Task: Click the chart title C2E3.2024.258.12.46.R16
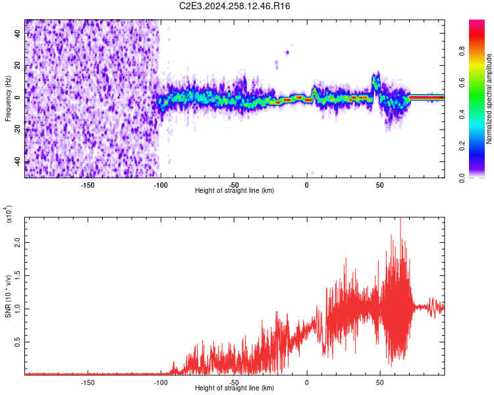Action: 235,6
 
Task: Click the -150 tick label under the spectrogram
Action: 88,184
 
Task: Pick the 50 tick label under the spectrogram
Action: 380,184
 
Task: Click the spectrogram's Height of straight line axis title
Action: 234,191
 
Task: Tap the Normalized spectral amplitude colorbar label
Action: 489,99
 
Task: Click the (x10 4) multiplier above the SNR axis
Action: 9,214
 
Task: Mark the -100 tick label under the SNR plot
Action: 161,382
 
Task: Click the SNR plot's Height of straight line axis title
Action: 234,388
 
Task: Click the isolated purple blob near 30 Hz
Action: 287,52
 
